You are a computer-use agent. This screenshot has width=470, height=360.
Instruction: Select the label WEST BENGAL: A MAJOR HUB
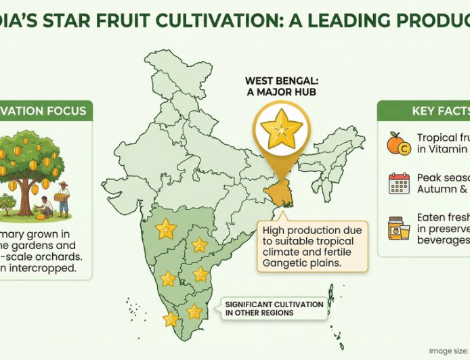point(280,87)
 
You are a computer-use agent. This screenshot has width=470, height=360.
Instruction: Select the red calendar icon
point(399,183)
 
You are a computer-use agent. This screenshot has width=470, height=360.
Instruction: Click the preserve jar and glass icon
point(398,228)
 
